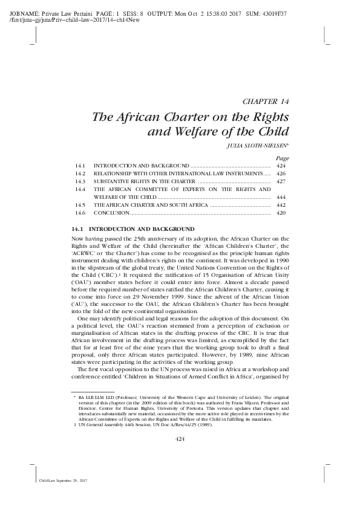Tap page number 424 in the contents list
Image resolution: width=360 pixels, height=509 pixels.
(280, 165)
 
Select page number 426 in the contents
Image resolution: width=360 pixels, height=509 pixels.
(280, 173)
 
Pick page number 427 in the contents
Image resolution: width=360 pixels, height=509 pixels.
(280, 181)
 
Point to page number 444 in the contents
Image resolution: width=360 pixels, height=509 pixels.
(280, 197)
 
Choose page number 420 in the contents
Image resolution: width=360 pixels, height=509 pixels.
(280, 213)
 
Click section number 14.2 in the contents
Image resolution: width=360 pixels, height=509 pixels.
(80, 173)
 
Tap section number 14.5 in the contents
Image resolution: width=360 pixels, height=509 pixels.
(80, 206)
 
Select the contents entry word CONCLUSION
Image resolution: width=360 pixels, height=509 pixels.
(111, 213)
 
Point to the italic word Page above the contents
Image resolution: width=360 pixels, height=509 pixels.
(281, 157)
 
